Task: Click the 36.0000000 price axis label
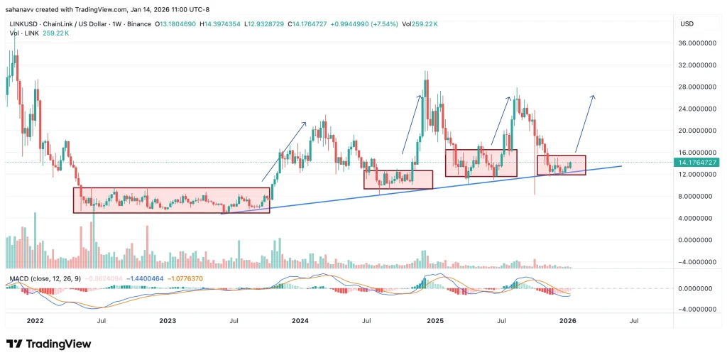(x=696, y=43)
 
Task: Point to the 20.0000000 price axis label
(x=696, y=131)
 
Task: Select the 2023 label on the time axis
(x=168, y=321)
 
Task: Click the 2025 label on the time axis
(x=434, y=321)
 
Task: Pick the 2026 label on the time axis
(x=568, y=321)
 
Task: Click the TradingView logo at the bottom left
(x=49, y=344)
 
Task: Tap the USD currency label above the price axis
(x=687, y=23)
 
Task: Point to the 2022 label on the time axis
(x=35, y=321)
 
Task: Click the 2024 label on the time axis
(x=300, y=321)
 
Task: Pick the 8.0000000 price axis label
(x=696, y=196)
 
